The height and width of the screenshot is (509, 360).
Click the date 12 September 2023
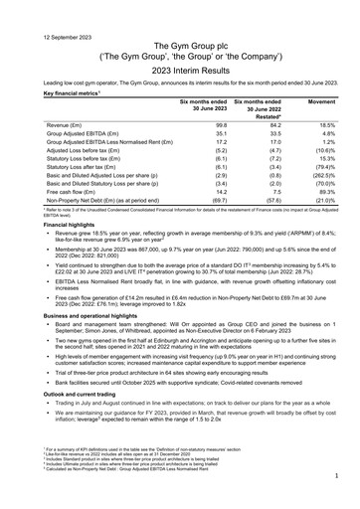[x=37, y=8]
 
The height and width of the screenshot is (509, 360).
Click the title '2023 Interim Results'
[x=179, y=57]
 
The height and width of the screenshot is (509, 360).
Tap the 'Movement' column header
[x=321, y=101]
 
